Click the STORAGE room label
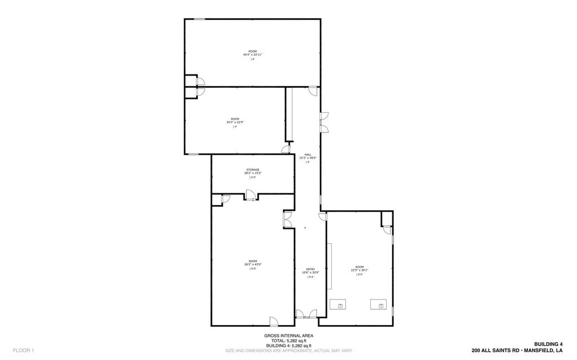[x=252, y=170]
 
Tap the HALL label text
[x=308, y=154]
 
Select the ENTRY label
[x=310, y=269]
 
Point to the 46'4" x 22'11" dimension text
[x=252, y=55]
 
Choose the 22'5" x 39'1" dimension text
[x=359, y=270]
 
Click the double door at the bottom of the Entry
[x=307, y=314]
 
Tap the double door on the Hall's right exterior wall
[x=325, y=122]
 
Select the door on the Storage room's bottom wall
[x=250, y=195]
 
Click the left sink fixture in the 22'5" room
[x=340, y=304]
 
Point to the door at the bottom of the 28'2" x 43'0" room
[x=273, y=321]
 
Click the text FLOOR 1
[x=24, y=350]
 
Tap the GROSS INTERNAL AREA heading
[x=288, y=336]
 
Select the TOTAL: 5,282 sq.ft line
[x=288, y=341]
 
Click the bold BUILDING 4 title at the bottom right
[x=548, y=344]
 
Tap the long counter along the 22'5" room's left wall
[x=330, y=266]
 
